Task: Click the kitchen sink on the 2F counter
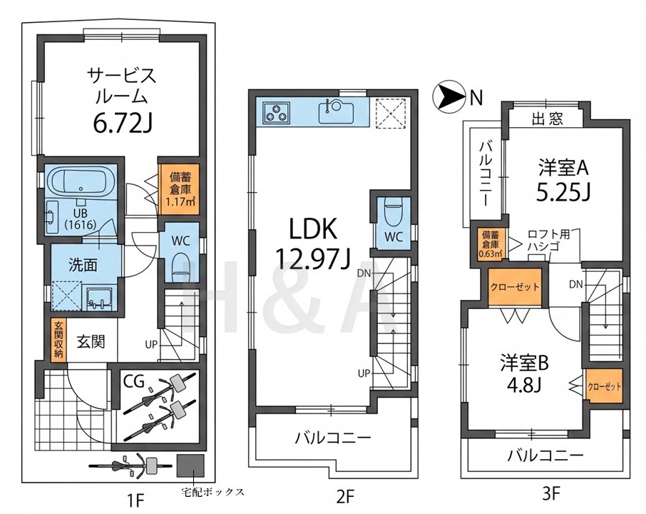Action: (336, 111)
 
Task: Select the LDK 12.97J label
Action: (313, 244)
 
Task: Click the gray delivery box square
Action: (190, 465)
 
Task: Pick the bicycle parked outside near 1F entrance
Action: (130, 465)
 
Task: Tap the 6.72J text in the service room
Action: (123, 123)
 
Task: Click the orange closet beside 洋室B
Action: (605, 385)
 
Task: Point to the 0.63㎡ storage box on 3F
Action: (491, 244)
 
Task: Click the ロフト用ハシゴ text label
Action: (549, 240)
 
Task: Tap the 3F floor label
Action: (551, 493)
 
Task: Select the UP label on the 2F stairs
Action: (364, 373)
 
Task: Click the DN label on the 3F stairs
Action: (576, 284)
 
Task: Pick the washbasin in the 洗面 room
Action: (99, 298)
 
